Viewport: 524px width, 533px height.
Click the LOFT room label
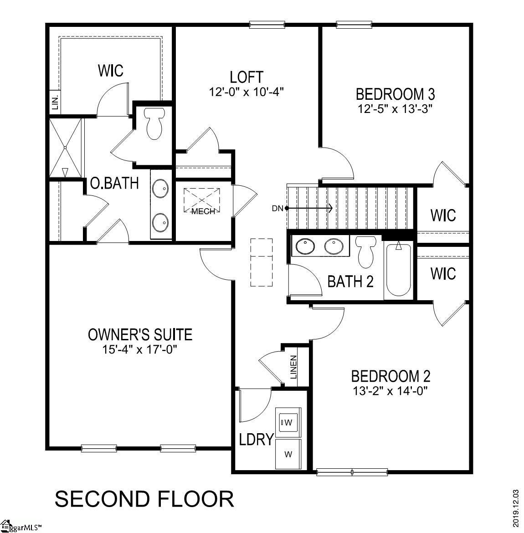246,76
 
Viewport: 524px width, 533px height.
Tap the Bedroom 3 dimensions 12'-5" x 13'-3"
395,109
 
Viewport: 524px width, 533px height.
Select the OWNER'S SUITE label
140,335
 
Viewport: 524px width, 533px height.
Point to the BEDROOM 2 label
390,376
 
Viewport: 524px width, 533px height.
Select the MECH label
203,211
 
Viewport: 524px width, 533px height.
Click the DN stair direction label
277,209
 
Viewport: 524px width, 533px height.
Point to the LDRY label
256,440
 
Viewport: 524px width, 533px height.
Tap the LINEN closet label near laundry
293,367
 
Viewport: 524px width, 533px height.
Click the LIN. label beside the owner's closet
55,102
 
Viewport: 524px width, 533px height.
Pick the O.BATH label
114,183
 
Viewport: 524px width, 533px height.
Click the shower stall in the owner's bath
66,148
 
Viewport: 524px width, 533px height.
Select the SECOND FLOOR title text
144,499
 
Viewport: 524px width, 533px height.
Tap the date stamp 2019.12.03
516,508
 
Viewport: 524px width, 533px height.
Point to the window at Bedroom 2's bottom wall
352,472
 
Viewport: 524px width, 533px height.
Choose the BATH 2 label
350,282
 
